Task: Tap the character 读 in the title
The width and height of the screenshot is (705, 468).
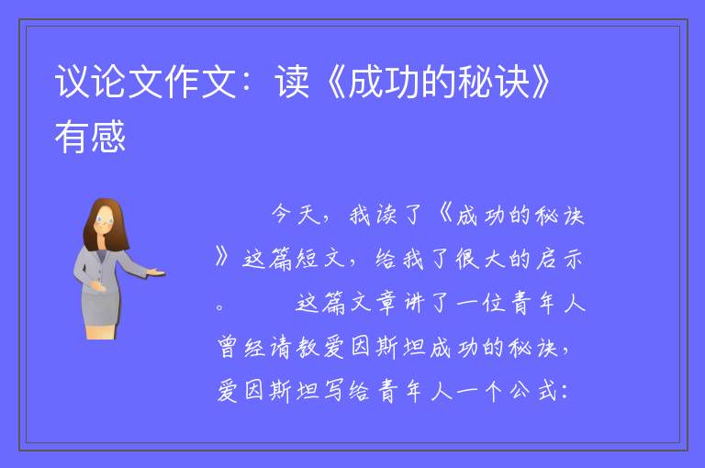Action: point(292,82)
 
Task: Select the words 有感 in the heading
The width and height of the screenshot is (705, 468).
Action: point(90,137)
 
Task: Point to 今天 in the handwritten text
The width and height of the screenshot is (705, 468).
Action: point(297,215)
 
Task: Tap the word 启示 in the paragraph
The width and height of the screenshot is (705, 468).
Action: point(560,259)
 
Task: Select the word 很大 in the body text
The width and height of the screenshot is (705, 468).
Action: point(480,259)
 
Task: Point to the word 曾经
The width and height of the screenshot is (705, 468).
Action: point(241,347)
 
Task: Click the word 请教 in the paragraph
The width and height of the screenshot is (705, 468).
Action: point(295,347)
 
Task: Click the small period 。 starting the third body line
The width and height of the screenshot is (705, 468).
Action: point(220,308)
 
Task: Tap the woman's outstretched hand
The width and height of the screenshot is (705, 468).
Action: point(156,272)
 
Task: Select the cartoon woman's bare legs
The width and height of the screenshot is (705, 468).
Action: point(102,332)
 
